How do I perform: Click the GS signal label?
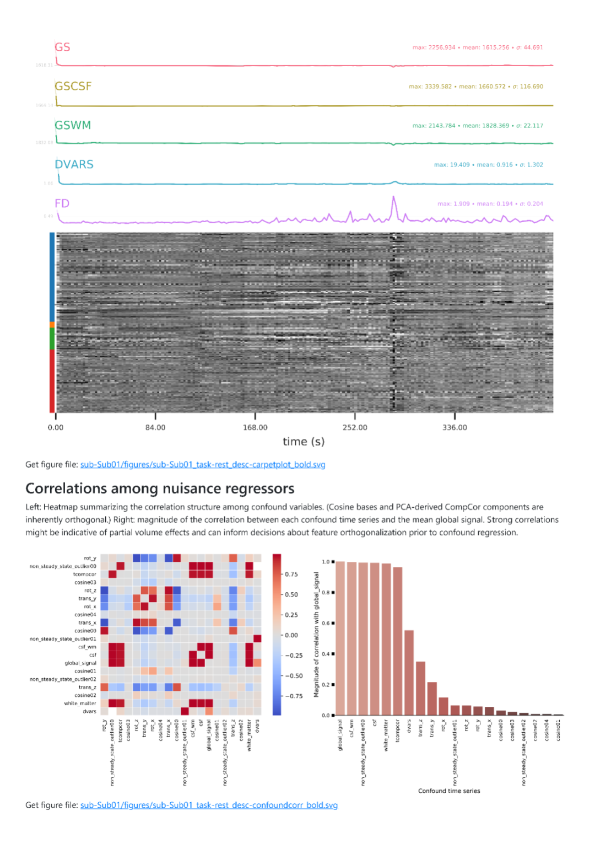[x=62, y=47]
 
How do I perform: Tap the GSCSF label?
[x=73, y=87]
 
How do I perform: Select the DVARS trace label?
[x=74, y=164]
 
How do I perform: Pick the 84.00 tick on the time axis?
[x=155, y=427]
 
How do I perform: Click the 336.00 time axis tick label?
[x=455, y=427]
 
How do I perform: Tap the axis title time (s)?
[x=304, y=442]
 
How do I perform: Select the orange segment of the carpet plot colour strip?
[x=52, y=325]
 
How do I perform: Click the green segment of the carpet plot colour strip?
[x=52, y=338]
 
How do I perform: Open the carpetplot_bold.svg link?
[x=203, y=465]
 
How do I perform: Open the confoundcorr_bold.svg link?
[x=209, y=805]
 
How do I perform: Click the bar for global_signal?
[x=340, y=638]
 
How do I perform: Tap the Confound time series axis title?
[x=449, y=791]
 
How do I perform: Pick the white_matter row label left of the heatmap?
[x=80, y=704]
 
